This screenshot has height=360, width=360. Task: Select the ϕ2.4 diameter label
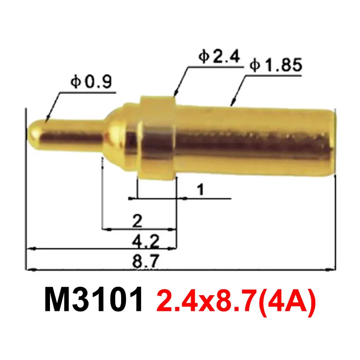(x=219, y=57)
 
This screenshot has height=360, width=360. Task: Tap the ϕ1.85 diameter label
(x=275, y=66)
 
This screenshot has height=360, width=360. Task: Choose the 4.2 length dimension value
(x=145, y=242)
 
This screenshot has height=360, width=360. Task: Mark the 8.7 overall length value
(x=145, y=262)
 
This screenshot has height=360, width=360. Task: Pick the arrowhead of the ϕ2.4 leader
(x=175, y=94)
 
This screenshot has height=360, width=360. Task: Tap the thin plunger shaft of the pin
(x=72, y=132)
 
